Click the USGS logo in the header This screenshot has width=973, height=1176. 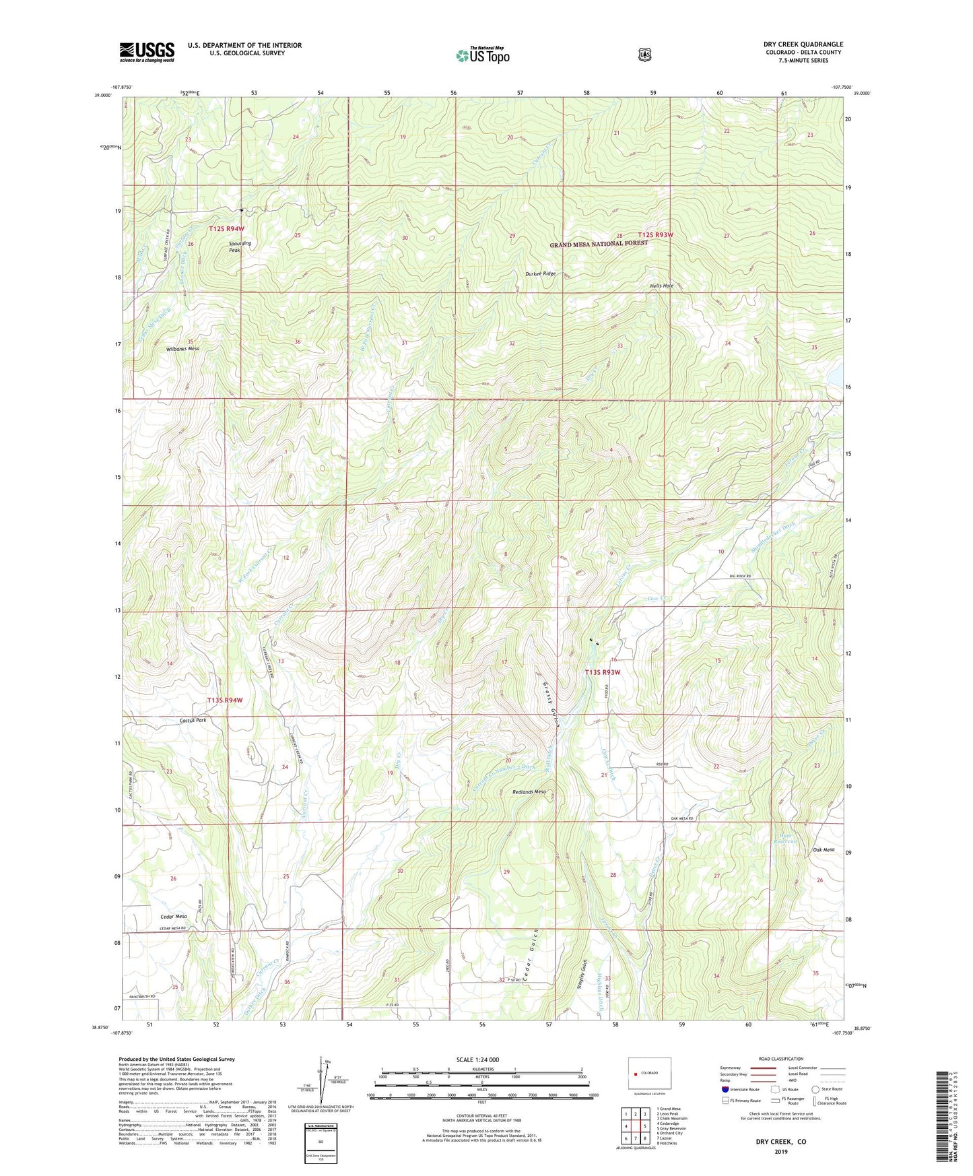pos(147,52)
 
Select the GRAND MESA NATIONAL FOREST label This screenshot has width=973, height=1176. pos(599,244)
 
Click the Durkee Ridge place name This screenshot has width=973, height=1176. pos(541,274)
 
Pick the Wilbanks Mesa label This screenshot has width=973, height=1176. pos(183,349)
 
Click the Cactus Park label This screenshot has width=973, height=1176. pos(193,720)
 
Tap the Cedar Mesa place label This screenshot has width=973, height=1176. pos(174,917)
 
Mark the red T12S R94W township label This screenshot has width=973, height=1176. pos(226,229)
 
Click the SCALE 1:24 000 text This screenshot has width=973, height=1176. pos(477,1059)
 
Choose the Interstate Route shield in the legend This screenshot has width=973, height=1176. pos(725,1089)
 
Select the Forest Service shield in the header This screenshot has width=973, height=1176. pos(644,54)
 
